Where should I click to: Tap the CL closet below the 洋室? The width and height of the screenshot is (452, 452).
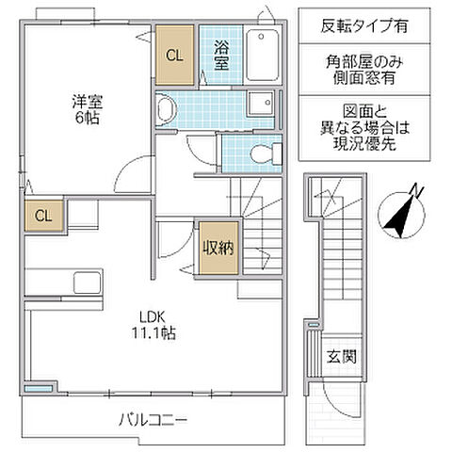[x=42, y=216]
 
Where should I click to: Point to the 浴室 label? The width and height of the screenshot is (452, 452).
[x=222, y=54]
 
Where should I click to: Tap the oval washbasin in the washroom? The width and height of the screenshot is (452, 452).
[x=167, y=111]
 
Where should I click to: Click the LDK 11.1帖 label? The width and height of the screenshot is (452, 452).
[x=151, y=325]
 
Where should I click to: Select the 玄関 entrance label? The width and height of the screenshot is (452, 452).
[x=340, y=357]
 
